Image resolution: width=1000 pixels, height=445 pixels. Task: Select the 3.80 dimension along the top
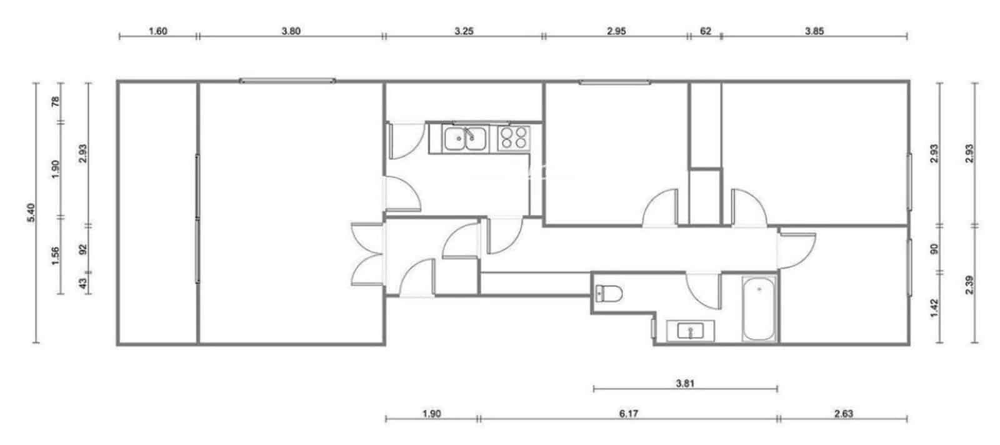(x=291, y=31)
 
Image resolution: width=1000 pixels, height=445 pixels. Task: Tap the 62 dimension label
(x=705, y=31)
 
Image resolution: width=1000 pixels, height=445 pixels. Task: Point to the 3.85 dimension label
(x=814, y=31)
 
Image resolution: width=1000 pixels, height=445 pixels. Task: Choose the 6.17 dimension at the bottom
(x=629, y=413)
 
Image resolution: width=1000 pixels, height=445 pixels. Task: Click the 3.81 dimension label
(x=686, y=383)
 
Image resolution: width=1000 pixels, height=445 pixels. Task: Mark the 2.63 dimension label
(x=843, y=413)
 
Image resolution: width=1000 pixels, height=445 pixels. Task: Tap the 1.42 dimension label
(x=935, y=307)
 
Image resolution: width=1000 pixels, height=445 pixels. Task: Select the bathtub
(x=759, y=310)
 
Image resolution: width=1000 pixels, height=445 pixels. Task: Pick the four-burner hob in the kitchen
(x=513, y=137)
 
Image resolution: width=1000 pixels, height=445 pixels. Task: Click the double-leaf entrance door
(x=367, y=255)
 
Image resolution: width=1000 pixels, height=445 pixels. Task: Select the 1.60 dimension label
(x=157, y=31)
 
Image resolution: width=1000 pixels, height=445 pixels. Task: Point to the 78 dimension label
(x=55, y=102)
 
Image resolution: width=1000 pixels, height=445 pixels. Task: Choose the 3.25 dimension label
(x=463, y=31)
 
